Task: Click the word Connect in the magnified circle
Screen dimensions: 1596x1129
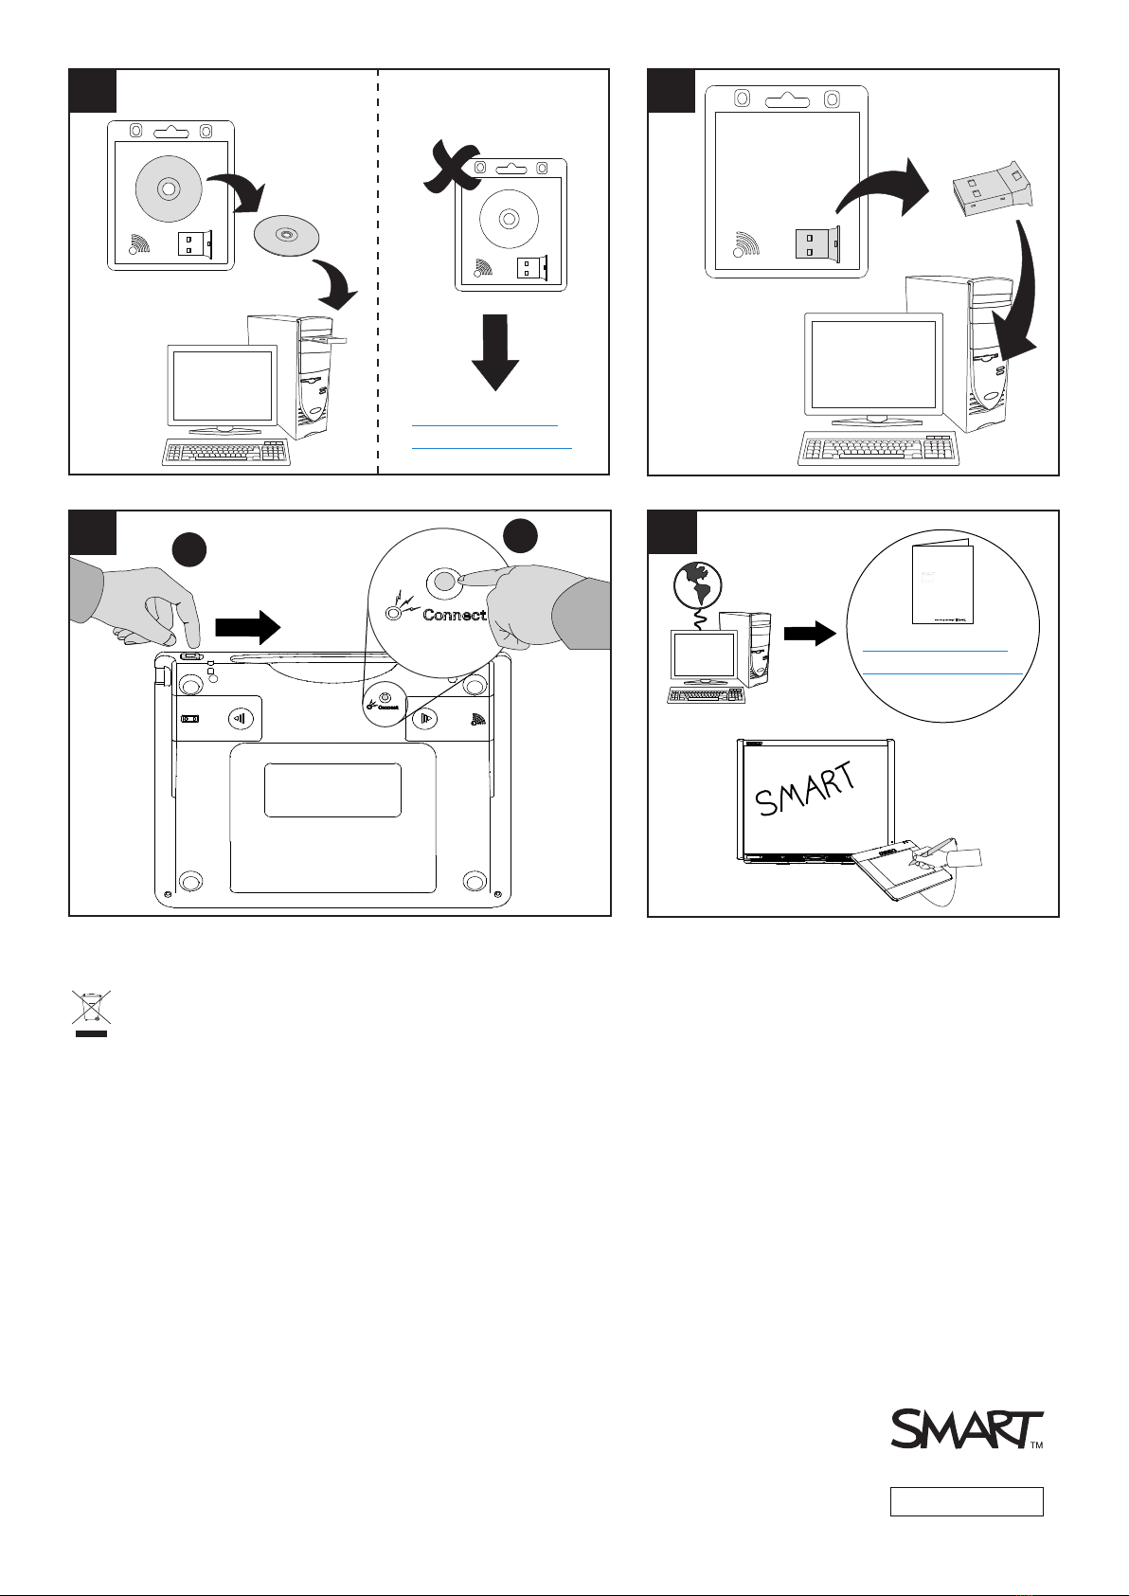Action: coord(455,615)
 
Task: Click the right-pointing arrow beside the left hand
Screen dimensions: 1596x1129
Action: coord(248,626)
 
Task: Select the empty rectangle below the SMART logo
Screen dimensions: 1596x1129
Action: coord(966,1501)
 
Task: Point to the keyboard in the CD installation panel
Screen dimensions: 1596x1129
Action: coord(224,453)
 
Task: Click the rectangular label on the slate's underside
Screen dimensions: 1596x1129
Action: coord(332,790)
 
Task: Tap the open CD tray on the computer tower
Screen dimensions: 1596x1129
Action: coord(323,338)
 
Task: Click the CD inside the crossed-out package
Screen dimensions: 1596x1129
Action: coord(509,219)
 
